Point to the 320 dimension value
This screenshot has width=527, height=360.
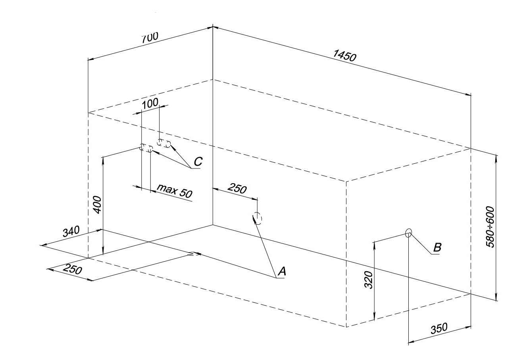[369, 280]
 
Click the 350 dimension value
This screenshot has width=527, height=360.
[439, 329]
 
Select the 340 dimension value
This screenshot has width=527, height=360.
[71, 231]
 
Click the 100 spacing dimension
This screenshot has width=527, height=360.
[150, 103]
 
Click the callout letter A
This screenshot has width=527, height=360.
[282, 272]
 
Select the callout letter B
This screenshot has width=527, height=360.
[437, 248]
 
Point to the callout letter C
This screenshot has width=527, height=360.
[198, 161]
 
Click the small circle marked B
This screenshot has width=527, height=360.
[409, 232]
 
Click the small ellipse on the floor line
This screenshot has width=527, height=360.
[194, 254]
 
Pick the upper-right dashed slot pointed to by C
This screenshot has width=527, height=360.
[164, 143]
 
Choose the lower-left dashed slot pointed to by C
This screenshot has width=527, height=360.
[146, 149]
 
